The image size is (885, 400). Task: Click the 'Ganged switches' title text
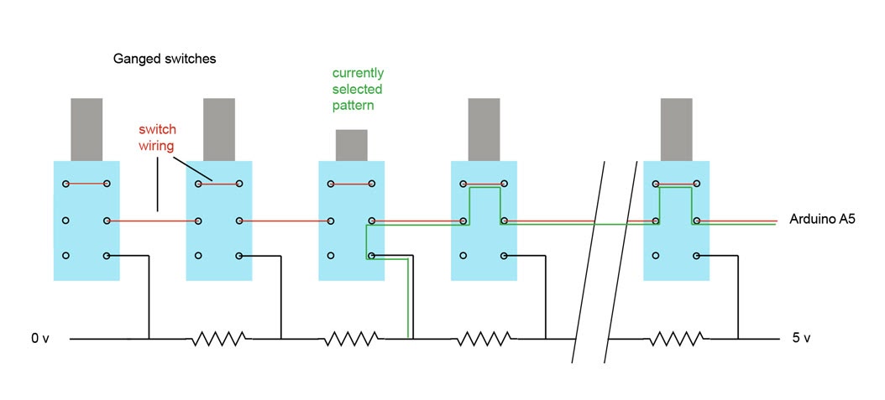pyautogui.click(x=165, y=60)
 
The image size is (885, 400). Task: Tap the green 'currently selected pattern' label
pyautogui.click(x=358, y=89)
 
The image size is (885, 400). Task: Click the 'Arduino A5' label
pyautogui.click(x=822, y=220)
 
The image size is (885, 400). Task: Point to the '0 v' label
pyautogui.click(x=41, y=339)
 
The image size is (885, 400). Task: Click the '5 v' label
pyautogui.click(x=802, y=339)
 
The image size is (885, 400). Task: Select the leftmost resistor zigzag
pyautogui.click(x=218, y=339)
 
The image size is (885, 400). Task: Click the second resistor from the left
pyautogui.click(x=351, y=339)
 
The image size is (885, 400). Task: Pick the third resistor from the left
pyautogui.click(x=484, y=339)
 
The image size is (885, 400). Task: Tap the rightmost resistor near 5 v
pyautogui.click(x=674, y=339)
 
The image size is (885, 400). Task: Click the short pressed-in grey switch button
pyautogui.click(x=351, y=145)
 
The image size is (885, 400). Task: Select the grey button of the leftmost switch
pyautogui.click(x=86, y=129)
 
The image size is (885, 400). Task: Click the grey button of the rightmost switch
pyautogui.click(x=677, y=129)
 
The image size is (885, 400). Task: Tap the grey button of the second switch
pyautogui.click(x=219, y=129)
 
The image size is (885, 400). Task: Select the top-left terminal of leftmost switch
pyautogui.click(x=65, y=183)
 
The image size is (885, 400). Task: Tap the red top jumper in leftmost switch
pyautogui.click(x=86, y=183)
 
